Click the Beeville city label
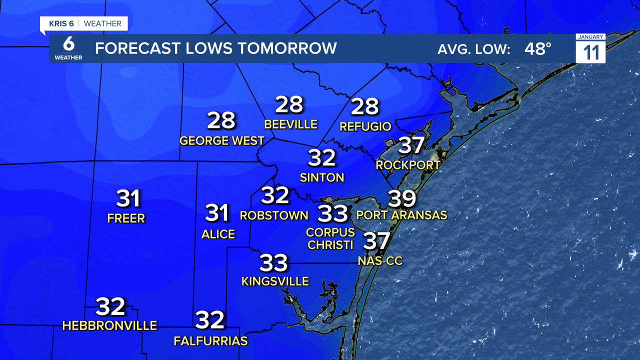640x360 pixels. tap(290, 124)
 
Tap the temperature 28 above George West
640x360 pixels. tap(221, 120)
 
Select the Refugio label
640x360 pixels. tap(365, 126)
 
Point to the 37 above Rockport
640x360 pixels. tap(411, 145)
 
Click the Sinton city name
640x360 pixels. tap(322, 177)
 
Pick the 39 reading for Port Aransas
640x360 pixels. tap(402, 198)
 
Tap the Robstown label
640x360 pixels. tap(274, 215)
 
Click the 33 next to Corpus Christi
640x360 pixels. tap(333, 213)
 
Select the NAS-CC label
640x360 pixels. tap(380, 260)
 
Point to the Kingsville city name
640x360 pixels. tap(275, 281)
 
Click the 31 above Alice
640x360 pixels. tap(217, 213)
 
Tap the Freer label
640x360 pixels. tap(126, 218)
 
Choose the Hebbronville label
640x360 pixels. tap(109, 326)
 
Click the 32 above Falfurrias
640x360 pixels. tap(210, 320)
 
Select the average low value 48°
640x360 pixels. tap(538, 48)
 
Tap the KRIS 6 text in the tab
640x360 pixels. tap(58, 23)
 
